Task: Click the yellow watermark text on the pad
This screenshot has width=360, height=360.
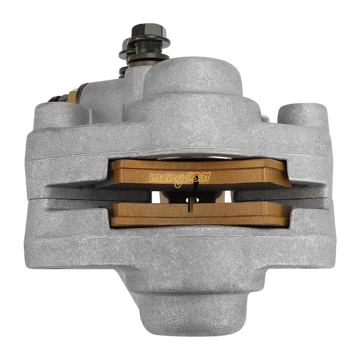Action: [x=180, y=178]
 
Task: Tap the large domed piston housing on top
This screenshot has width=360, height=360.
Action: [x=193, y=82]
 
